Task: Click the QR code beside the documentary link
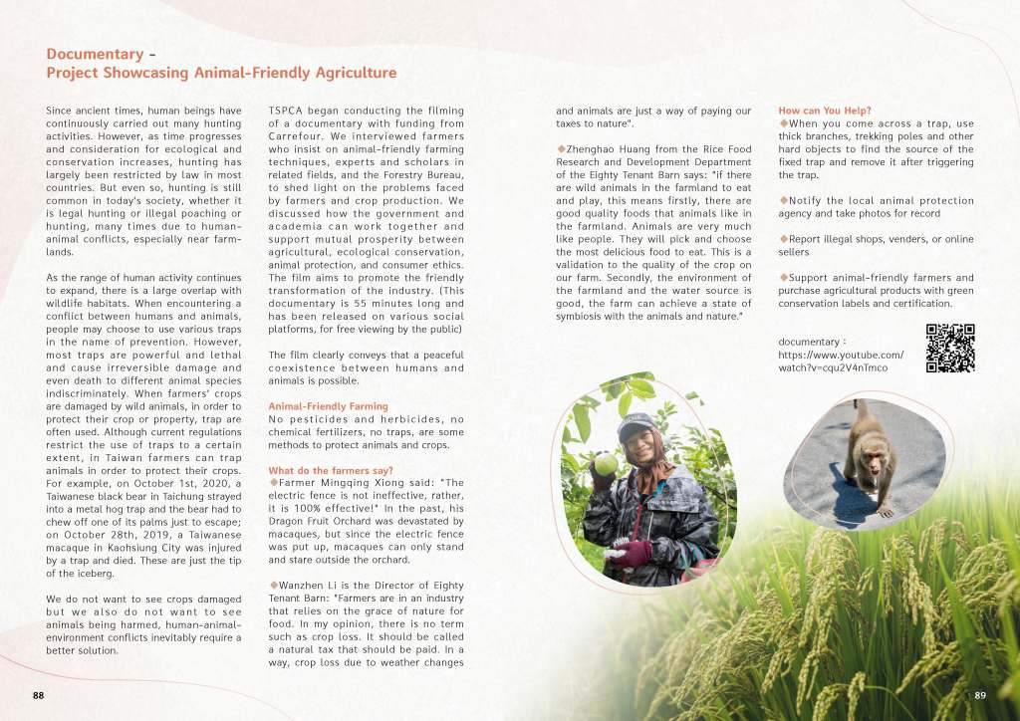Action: tap(949, 349)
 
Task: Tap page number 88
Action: tap(38, 694)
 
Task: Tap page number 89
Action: tap(980, 694)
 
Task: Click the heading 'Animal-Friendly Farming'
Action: tap(328, 406)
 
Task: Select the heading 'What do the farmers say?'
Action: tap(330, 470)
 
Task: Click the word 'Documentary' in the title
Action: tap(95, 54)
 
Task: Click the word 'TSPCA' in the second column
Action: tap(292, 110)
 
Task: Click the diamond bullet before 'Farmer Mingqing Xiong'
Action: tap(273, 483)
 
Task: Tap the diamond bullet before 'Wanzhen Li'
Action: tap(273, 585)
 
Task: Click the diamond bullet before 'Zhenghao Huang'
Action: tap(561, 149)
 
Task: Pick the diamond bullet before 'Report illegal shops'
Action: tap(784, 239)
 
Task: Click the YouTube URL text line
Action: tap(840, 356)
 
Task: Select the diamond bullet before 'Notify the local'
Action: tap(784, 201)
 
